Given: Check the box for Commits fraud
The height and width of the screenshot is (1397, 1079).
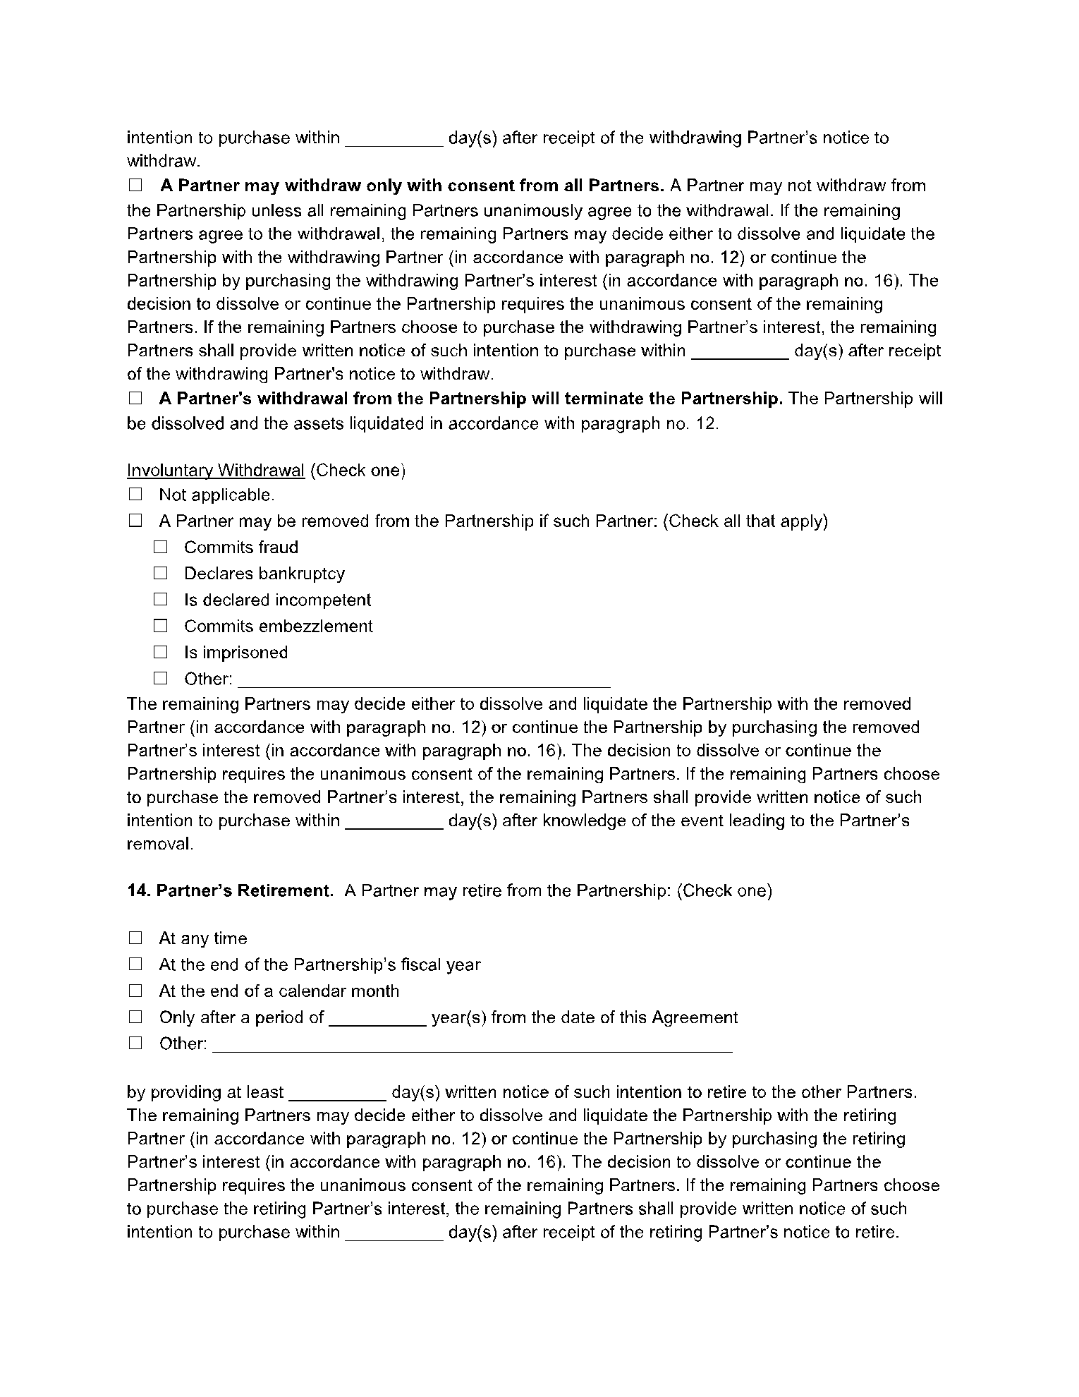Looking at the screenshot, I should point(161,547).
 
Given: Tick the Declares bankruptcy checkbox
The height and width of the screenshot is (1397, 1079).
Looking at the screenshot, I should point(161,573).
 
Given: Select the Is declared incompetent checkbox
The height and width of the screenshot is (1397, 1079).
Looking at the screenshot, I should point(161,599).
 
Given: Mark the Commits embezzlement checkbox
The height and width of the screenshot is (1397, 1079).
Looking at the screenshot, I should point(161,625).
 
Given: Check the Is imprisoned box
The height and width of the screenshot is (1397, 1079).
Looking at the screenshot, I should point(161,651).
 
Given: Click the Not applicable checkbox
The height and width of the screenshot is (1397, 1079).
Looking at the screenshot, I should point(135,494).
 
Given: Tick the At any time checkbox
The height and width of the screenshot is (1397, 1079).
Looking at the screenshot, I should point(135,938).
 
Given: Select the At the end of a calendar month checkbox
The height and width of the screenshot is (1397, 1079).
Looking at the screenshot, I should point(135,991).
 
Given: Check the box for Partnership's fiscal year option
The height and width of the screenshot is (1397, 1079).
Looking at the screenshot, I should point(135,964).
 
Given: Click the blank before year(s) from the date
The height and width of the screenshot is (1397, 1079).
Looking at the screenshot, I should point(377,1019).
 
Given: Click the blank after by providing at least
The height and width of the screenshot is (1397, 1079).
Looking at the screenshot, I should point(338,1094).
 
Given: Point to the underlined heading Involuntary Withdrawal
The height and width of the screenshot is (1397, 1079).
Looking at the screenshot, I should point(216,471).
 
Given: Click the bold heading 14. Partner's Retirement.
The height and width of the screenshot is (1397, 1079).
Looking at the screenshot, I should point(231,890).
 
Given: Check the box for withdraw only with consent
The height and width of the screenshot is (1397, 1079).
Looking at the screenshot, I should point(135,186).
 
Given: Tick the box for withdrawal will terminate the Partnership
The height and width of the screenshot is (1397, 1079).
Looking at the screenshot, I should point(135,399).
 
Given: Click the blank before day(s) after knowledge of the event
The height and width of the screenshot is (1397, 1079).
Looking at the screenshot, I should point(394,822).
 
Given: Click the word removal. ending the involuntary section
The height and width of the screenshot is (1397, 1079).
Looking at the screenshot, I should point(160,844).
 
